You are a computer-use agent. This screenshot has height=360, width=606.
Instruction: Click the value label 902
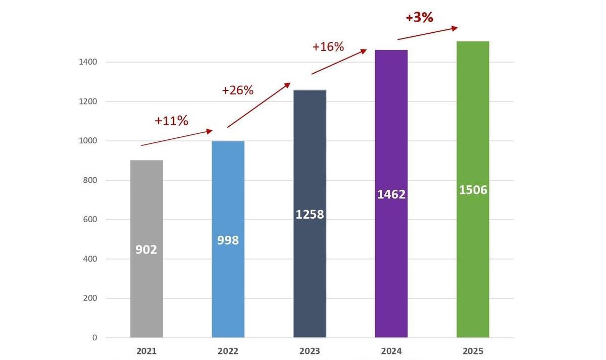click(146, 249)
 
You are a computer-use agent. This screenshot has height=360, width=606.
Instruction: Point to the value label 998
click(228, 240)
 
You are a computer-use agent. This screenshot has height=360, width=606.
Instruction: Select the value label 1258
click(310, 215)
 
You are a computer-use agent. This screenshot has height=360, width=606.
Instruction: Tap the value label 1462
click(391, 194)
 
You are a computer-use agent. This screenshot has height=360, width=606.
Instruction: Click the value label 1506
click(473, 190)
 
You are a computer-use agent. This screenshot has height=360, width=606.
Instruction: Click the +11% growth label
click(171, 121)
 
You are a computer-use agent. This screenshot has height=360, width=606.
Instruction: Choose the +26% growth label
click(237, 90)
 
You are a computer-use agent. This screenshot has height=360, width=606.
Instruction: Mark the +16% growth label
click(328, 47)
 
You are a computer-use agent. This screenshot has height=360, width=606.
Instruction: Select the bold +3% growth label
click(419, 18)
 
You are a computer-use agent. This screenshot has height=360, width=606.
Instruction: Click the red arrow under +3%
click(427, 33)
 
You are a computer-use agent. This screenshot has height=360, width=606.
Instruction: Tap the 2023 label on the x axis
click(310, 351)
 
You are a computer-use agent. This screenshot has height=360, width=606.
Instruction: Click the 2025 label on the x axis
click(473, 351)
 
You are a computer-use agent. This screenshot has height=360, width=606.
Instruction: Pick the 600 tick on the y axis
click(90, 220)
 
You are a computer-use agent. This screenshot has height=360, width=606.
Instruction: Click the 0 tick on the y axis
click(94, 338)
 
